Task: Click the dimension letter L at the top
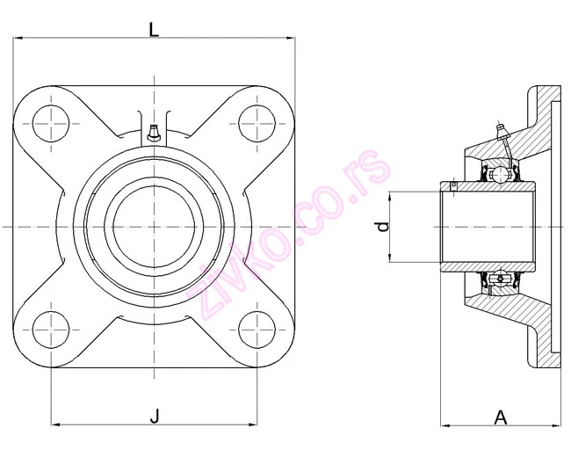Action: (154, 29)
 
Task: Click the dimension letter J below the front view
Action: (155, 416)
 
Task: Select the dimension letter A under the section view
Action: (501, 417)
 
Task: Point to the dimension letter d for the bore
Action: (383, 227)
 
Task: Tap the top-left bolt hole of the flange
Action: (51, 124)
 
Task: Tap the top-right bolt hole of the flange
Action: (257, 124)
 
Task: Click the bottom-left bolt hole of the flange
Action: (51, 330)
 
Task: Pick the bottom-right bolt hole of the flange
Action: (257, 330)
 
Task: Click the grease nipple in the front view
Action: (154, 133)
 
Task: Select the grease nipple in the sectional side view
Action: (502, 132)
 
